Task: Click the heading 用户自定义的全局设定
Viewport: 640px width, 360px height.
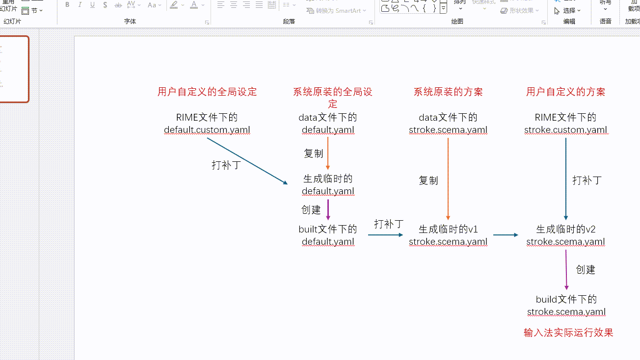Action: pos(207,92)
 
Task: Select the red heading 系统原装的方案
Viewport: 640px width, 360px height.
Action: pos(448,92)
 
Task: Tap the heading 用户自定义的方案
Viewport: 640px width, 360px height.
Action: pos(565,92)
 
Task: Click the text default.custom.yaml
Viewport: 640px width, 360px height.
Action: pos(207,130)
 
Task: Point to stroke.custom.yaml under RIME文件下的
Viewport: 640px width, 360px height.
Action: pos(565,130)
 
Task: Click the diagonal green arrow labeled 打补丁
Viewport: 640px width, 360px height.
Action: pos(247,161)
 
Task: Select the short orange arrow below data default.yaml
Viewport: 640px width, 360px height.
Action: pos(328,153)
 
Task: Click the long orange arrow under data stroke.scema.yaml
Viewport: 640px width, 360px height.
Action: pos(448,179)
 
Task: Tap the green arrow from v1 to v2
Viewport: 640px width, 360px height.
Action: pos(506,235)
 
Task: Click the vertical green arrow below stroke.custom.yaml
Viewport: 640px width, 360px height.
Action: pos(566,179)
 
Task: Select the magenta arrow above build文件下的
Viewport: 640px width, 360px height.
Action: pos(566,270)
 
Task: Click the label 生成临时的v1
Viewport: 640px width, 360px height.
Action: pos(448,229)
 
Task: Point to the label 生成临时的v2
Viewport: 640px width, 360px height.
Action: pos(565,229)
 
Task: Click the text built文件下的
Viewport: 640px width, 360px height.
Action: pos(328,229)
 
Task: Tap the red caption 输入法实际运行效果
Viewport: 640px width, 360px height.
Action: pos(568,333)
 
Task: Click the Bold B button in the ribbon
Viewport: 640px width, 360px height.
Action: pos(67,5)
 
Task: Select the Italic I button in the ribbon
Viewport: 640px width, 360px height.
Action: pos(80,5)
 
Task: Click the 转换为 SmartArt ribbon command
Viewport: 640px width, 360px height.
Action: pos(338,10)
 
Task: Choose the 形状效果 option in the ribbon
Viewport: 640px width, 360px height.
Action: pos(520,10)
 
